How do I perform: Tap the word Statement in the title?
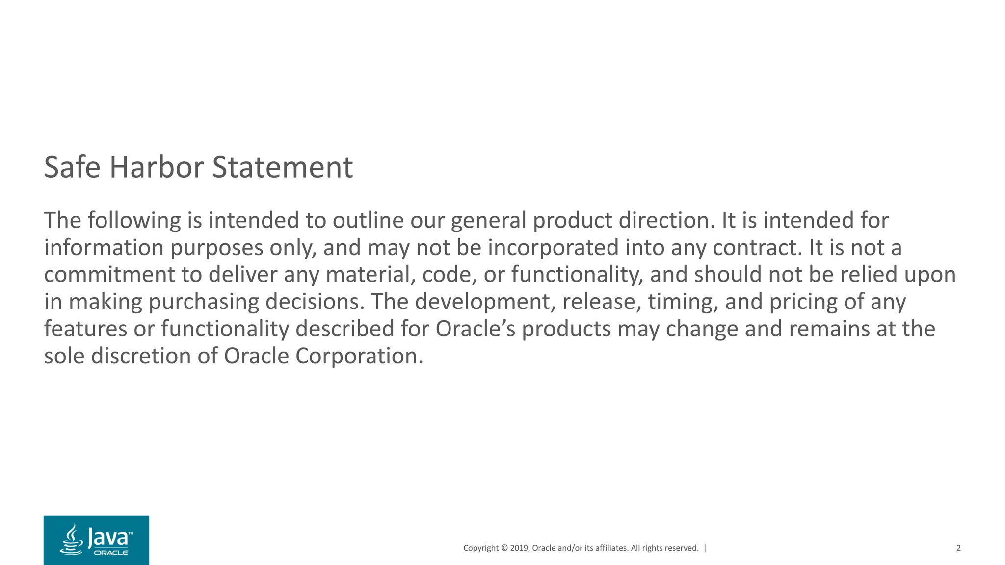pos(282,167)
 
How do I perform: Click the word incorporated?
pos(553,247)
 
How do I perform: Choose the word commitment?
pos(109,274)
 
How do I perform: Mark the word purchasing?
pos(204,302)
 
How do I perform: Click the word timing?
pos(683,302)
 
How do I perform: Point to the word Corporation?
pos(359,356)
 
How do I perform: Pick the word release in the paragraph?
pos(602,302)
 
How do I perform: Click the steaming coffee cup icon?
pos(72,540)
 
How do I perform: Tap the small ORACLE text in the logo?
pos(111,553)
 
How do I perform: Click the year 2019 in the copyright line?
pos(519,548)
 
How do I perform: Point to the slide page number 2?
pos(958,548)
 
